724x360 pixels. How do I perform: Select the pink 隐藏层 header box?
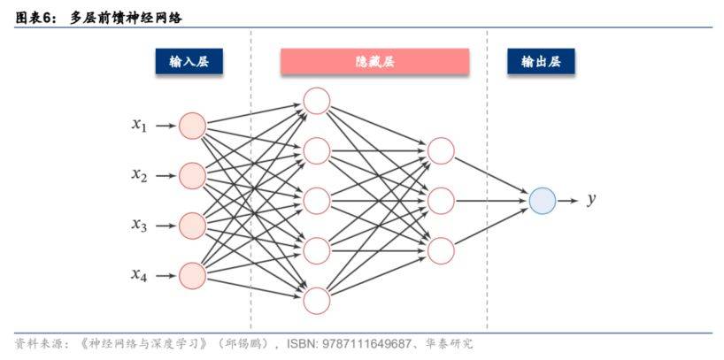pos(374,61)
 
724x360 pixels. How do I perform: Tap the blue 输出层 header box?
pos(540,61)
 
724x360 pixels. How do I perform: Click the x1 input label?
pos(139,126)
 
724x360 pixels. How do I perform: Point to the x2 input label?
pos(139,176)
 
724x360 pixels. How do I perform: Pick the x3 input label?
pos(139,226)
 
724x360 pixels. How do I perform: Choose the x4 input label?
pos(139,275)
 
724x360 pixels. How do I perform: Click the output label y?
pos(591,200)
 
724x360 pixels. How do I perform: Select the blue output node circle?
pos(543,201)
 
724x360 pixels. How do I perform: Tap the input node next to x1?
pos(192,126)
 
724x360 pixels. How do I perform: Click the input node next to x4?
pos(192,275)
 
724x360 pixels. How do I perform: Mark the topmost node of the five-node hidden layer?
pos(316,101)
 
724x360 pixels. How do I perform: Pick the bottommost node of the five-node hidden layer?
pos(316,301)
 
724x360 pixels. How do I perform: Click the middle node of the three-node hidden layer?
pos(441,201)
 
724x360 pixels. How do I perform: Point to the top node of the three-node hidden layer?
pos(441,151)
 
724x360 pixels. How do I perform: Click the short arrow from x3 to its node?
pos(166,226)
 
